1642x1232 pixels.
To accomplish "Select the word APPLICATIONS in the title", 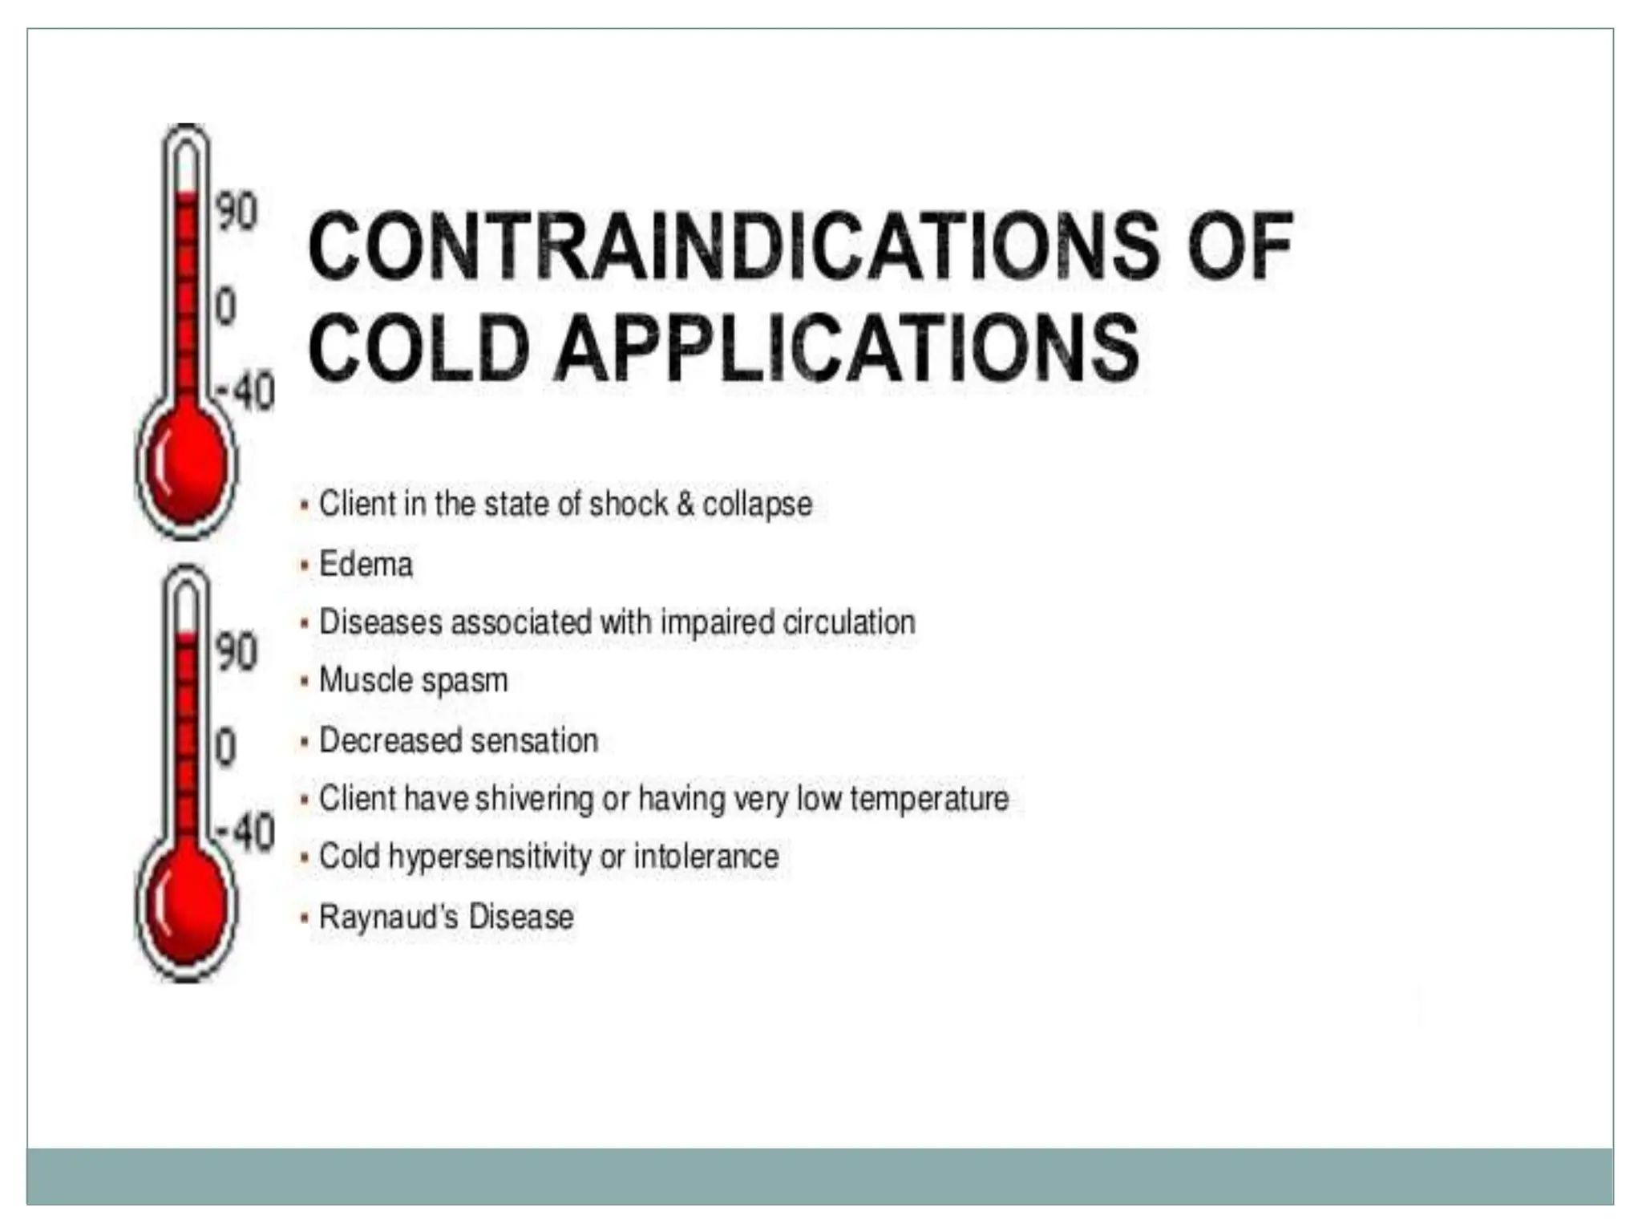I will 846,348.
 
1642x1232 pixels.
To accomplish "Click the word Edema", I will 366,564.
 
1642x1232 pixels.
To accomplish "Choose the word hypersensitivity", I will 490,857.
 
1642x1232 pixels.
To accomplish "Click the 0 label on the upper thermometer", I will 225,307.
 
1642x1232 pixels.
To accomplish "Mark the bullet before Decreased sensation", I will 304,742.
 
